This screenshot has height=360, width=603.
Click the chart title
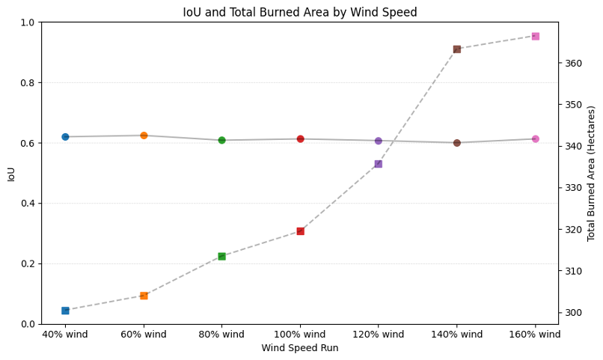click(300, 12)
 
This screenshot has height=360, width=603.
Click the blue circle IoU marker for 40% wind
click(65, 137)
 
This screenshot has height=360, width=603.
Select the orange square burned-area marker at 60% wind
click(144, 296)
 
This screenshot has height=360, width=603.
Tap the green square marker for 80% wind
click(221, 256)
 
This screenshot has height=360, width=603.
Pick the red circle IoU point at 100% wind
click(300, 138)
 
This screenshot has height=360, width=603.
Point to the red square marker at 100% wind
click(300, 231)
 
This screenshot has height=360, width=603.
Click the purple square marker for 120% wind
click(378, 164)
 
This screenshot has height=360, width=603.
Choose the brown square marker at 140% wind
click(456, 49)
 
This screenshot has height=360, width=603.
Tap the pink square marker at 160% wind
click(535, 36)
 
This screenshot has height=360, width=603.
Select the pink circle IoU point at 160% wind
click(535, 138)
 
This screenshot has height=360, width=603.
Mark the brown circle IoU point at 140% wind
click(456, 143)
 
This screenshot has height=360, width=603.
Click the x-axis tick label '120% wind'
click(378, 335)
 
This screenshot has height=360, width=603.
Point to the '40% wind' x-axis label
click(65, 335)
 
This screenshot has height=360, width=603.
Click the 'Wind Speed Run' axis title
click(299, 348)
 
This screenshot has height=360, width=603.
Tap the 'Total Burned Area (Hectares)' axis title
click(591, 173)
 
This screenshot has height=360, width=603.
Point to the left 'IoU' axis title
click(11, 174)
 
